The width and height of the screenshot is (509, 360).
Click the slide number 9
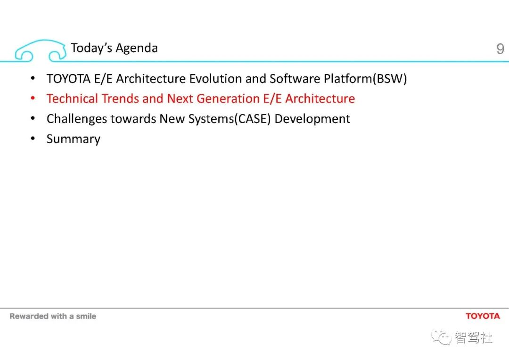click(500, 49)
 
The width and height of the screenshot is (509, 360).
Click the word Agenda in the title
click(137, 49)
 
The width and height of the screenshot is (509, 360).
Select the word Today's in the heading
click(91, 48)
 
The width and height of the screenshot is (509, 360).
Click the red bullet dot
click(33, 98)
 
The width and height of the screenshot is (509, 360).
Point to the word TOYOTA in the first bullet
click(68, 79)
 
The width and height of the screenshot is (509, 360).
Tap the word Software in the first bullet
click(295, 79)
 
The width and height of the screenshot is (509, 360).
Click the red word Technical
click(72, 98)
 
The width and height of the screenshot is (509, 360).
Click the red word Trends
click(120, 98)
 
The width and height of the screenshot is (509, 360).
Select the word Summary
click(74, 139)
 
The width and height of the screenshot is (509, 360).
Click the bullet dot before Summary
click(33, 138)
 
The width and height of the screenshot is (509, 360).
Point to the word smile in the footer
click(86, 316)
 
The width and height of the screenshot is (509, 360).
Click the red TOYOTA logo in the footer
click(483, 316)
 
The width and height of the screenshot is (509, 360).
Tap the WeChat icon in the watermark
click(441, 337)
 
